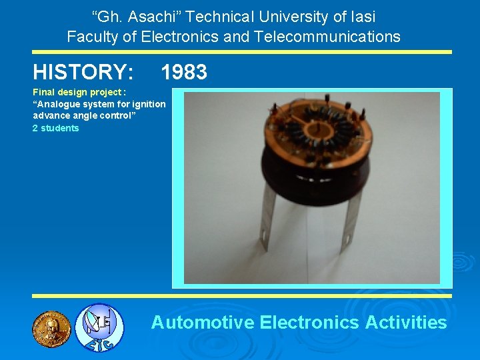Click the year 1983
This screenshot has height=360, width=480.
(x=184, y=72)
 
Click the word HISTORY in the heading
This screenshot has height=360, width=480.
(x=83, y=72)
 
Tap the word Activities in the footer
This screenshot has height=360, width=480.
(x=406, y=323)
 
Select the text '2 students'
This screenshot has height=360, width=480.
(x=56, y=128)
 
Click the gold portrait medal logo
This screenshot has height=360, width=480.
(x=51, y=327)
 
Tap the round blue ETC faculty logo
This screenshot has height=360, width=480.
(x=99, y=327)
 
